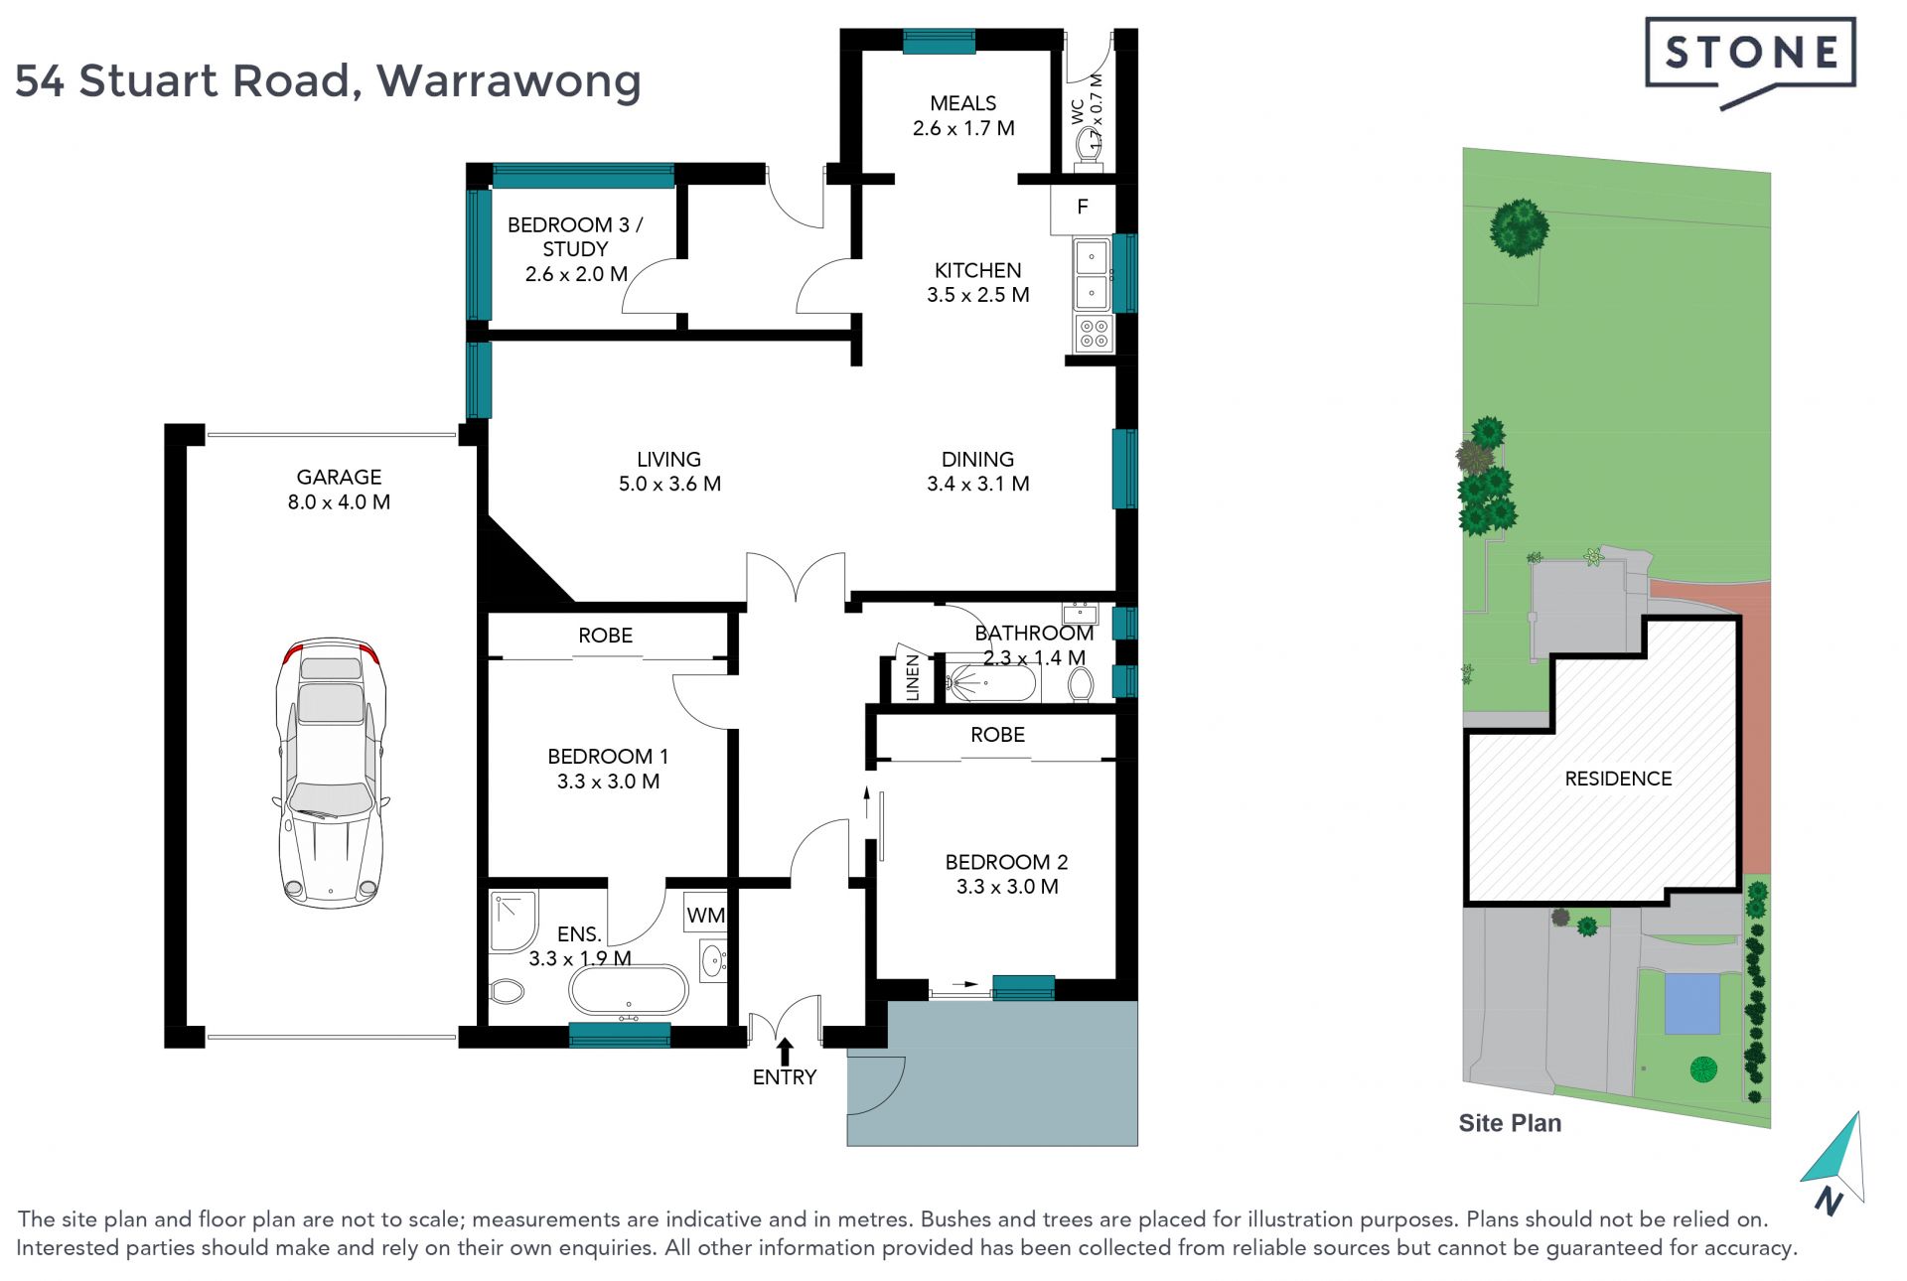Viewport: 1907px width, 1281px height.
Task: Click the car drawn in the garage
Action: (331, 773)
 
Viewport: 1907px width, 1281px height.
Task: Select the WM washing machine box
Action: (705, 914)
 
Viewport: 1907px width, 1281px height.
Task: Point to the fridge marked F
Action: (1083, 209)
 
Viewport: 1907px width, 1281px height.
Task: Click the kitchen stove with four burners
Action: (1093, 334)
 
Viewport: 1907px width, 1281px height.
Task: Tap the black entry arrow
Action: (785, 1052)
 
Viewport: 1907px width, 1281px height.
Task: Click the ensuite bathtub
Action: (628, 990)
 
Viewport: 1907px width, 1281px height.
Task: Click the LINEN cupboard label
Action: (913, 678)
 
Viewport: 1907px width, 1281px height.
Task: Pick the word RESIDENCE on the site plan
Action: (1618, 779)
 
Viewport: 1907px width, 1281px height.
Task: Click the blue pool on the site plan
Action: (1692, 1004)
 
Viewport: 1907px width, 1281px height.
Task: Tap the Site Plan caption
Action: (1510, 1123)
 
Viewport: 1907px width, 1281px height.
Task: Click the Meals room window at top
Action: (939, 41)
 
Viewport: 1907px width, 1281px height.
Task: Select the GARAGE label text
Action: (339, 478)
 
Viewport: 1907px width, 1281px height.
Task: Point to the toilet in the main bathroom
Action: (1080, 683)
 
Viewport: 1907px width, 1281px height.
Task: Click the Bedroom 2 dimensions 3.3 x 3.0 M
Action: (1007, 887)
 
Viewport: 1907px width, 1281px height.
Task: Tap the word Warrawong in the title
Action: (509, 81)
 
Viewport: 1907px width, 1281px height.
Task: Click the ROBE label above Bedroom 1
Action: (605, 636)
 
